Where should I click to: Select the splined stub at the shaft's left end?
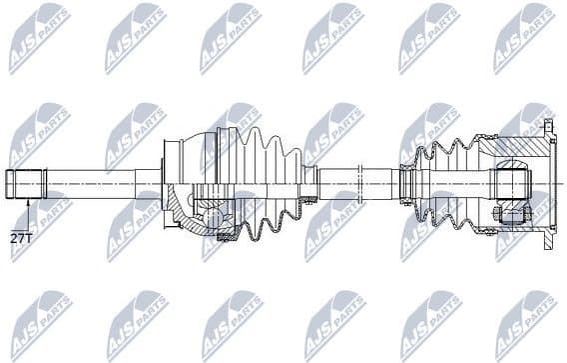(26, 184)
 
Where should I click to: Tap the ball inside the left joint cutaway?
(213, 213)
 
